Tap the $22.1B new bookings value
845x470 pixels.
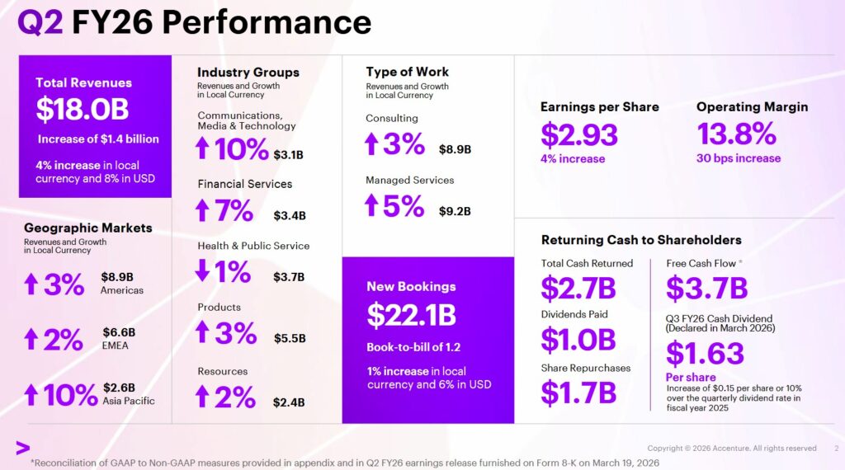411,315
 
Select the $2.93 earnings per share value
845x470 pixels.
578,134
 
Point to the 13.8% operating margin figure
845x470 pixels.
736,134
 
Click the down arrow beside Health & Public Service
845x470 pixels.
202,271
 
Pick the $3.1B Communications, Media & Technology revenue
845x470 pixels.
289,154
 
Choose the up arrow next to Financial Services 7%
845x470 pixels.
202,211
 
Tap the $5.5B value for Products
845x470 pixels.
290,338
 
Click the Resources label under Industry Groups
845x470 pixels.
222,371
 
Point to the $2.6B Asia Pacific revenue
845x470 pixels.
119,388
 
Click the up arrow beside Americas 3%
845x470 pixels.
31,284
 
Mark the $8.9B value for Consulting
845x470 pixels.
455,149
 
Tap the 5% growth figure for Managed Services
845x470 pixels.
403,206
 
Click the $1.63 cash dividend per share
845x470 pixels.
705,353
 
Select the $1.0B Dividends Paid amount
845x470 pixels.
578,339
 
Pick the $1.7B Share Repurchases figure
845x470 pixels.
578,392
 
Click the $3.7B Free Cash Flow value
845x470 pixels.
706,288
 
